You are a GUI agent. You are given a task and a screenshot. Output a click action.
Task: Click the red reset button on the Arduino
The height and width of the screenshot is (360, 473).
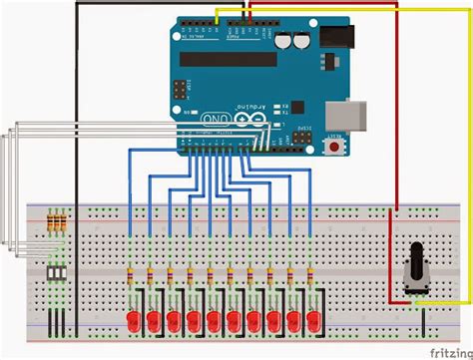coord(333,148)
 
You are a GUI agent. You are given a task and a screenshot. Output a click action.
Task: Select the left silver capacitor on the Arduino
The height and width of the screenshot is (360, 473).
coord(286,42)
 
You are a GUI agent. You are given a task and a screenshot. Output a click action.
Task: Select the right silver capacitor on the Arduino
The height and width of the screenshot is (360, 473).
coord(301,42)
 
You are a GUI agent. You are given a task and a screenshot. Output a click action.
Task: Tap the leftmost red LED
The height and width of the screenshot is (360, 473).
coord(133,320)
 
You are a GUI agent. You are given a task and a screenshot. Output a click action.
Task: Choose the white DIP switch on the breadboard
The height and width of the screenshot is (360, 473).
coord(57,272)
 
